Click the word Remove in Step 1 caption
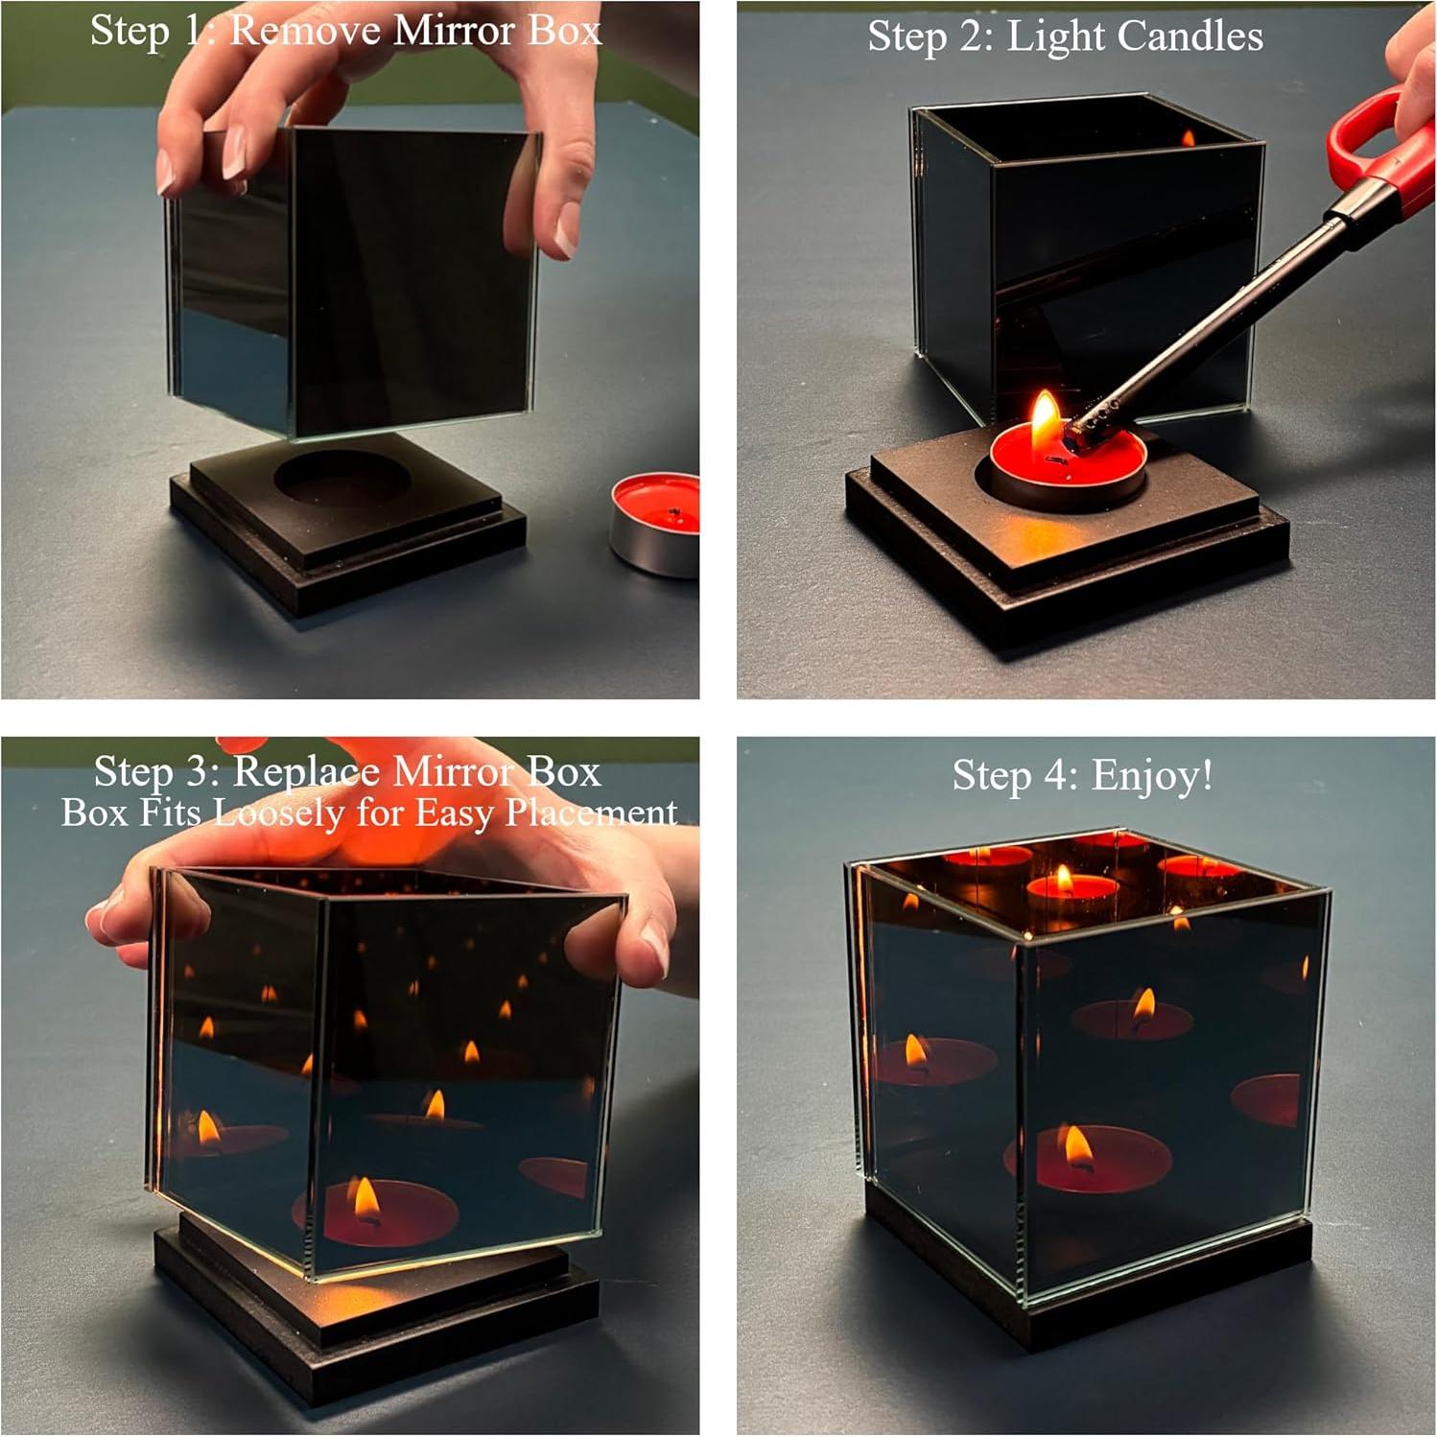point(306,31)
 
